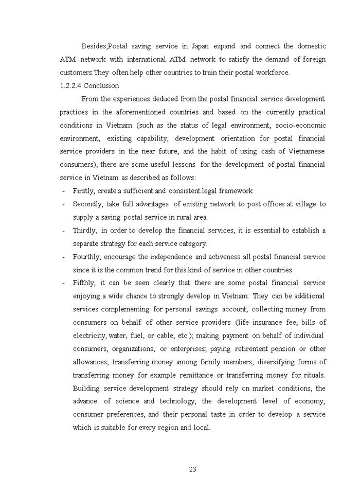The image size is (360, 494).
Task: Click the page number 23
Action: [x=193, y=469]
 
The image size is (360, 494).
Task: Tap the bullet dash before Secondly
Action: [x=63, y=204]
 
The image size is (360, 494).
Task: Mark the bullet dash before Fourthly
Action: [x=63, y=257]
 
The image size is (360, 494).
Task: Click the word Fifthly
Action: [x=83, y=283]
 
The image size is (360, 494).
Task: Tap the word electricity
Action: [x=89, y=336]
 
